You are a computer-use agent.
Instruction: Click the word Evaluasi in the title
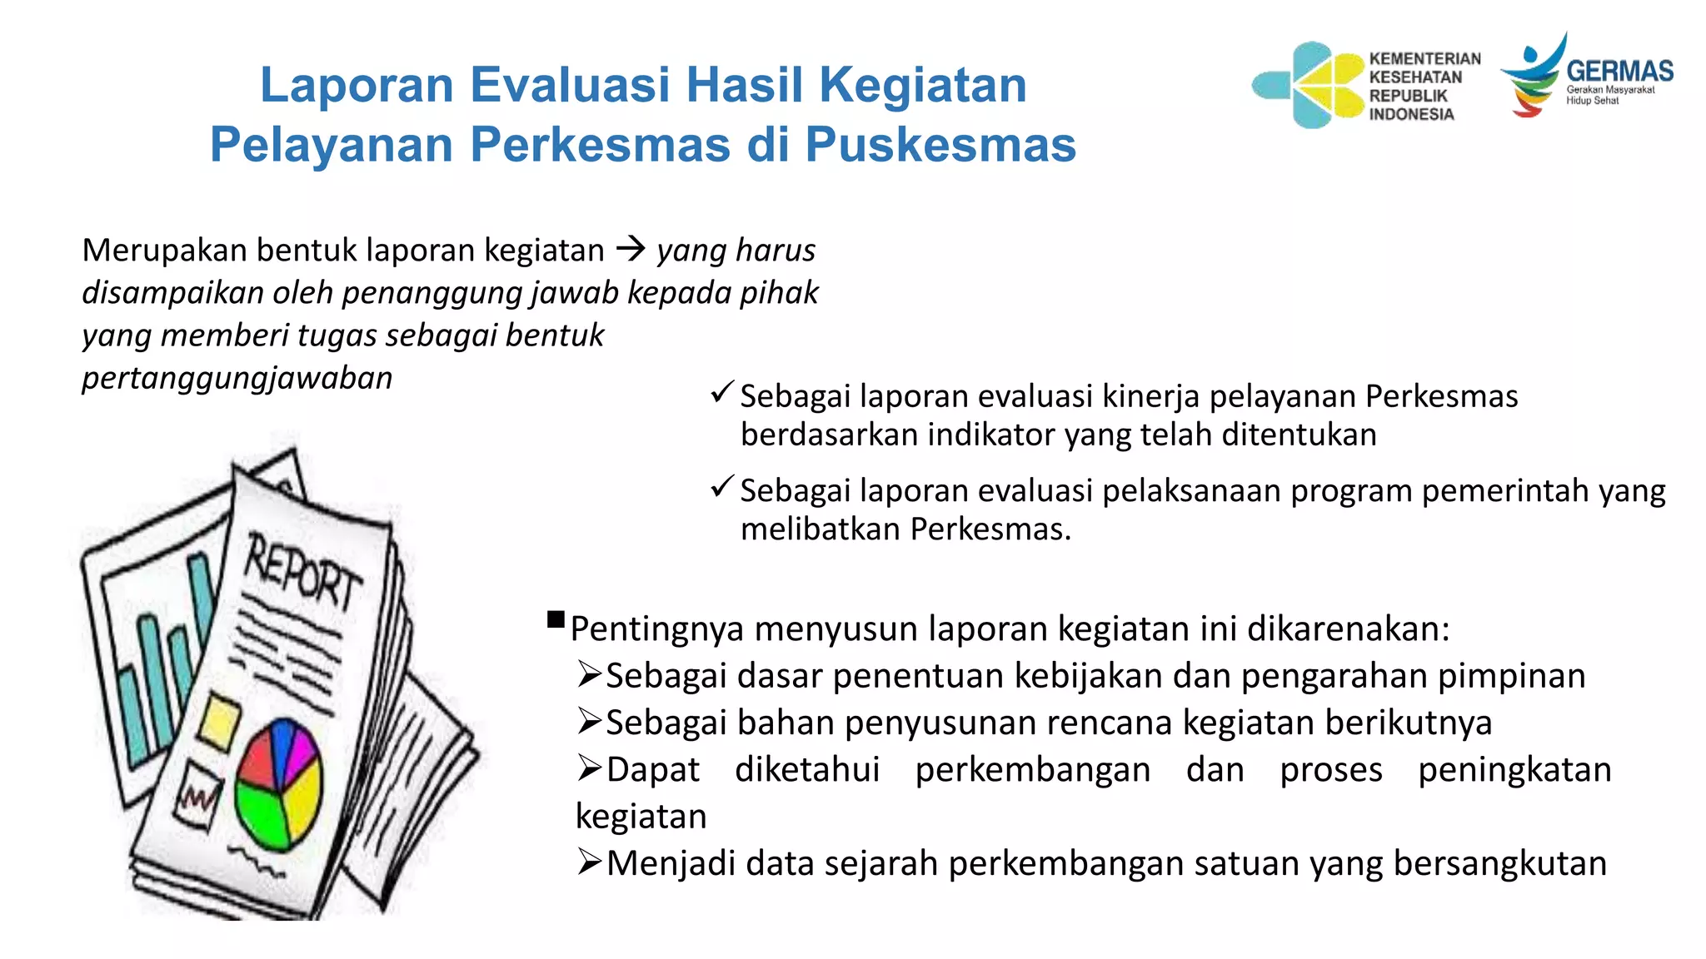[x=570, y=85]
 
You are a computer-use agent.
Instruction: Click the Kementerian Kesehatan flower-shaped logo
[x=1309, y=85]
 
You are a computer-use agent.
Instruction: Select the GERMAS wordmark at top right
[x=1619, y=72]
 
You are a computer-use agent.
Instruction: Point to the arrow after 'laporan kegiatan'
[x=631, y=249]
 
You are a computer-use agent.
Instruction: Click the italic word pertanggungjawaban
[x=237, y=378]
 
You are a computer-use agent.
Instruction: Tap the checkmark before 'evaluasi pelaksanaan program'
[x=721, y=486]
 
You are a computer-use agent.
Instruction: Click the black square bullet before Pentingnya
[x=556, y=619]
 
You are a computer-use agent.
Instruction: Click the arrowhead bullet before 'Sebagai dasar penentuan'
[x=589, y=673]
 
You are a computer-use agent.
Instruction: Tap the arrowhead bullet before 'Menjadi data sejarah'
[x=589, y=862]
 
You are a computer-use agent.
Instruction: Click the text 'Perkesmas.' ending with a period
[x=990, y=529]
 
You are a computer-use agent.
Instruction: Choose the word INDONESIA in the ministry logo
[x=1411, y=114]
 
